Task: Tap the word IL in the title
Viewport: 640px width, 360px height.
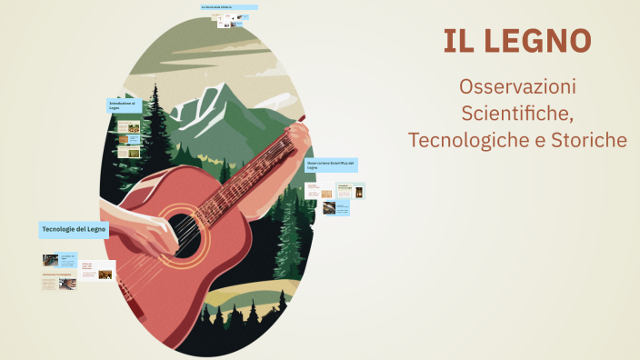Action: click(458, 40)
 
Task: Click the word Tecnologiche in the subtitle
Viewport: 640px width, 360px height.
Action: click(466, 141)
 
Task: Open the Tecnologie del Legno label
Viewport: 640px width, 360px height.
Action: click(74, 229)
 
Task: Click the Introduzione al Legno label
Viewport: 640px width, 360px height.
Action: click(124, 105)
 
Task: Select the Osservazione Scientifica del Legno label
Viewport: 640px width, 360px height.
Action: click(331, 165)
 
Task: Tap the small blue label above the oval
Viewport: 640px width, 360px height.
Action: click(228, 7)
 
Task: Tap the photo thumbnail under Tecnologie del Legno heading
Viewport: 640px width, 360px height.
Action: click(50, 260)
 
